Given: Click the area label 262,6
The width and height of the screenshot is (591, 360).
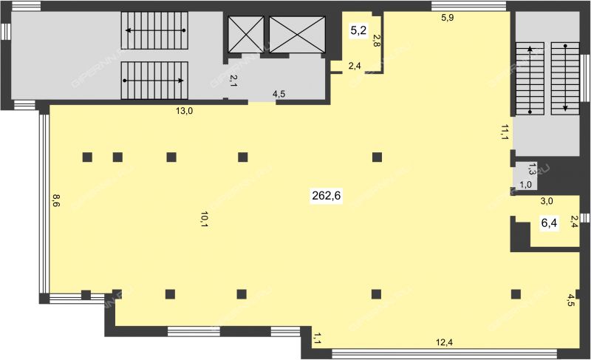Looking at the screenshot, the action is point(326,196).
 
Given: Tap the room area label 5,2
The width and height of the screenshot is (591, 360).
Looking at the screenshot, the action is point(358,30).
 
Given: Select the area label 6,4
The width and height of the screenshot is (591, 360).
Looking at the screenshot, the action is point(549,223).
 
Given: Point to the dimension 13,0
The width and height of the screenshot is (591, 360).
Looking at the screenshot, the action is point(184,111).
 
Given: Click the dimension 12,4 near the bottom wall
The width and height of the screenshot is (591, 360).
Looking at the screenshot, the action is point(444,342).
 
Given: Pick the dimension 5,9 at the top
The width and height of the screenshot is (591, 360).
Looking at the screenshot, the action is point(448,17).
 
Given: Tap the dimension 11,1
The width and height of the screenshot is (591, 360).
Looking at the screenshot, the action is point(505,132).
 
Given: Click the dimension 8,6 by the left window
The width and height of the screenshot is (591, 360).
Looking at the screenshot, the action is point(56,200).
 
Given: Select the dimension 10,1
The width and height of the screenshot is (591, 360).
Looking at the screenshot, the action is point(205,220).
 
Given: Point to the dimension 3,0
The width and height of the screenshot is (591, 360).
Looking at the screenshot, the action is point(547,201).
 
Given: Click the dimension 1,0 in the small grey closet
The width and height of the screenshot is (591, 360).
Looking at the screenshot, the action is point(525,184).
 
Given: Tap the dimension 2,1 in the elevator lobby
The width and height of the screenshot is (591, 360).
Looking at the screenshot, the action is point(233,81).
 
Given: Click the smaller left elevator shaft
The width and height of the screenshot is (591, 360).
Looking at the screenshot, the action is point(247,34).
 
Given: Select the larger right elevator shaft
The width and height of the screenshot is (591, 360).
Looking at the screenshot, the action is point(297,34).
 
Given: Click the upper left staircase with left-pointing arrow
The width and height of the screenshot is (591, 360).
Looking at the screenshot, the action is point(154,30).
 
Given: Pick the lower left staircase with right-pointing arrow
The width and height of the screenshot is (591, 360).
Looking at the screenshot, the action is point(154,81).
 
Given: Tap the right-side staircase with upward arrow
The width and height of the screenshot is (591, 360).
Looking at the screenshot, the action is point(530,78).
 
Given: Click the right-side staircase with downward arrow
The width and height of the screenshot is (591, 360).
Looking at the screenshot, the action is point(565,78).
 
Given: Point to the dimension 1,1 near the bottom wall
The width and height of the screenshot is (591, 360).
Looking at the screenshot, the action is point(317,338).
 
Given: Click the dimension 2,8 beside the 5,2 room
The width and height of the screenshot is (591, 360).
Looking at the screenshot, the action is point(376,41).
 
